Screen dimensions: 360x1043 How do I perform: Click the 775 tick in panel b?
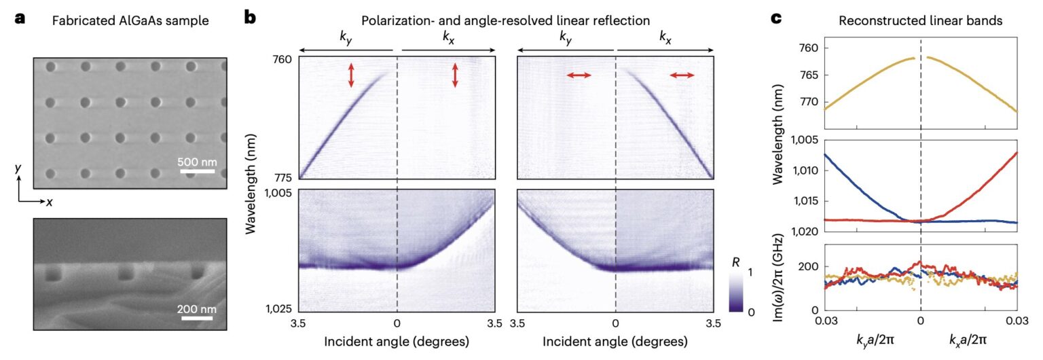tap(281, 178)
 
